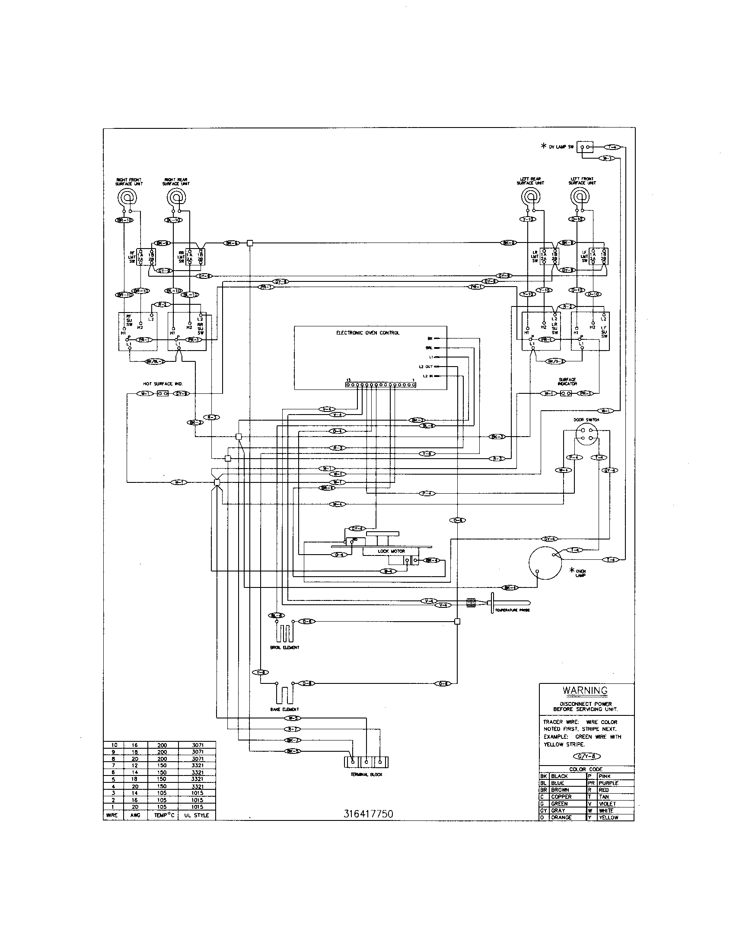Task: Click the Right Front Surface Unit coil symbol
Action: click(x=128, y=198)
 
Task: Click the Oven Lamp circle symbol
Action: click(x=545, y=563)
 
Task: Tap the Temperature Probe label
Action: click(x=512, y=610)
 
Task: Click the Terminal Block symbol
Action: click(x=366, y=762)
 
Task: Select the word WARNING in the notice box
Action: click(x=585, y=690)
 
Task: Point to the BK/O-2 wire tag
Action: click(x=556, y=361)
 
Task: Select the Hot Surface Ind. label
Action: click(x=163, y=383)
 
